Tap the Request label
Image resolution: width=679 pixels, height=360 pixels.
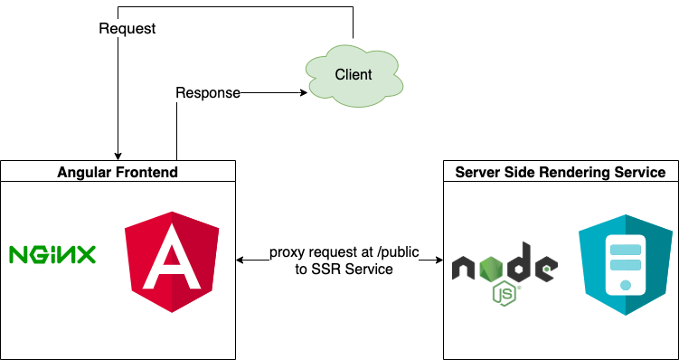click(x=127, y=29)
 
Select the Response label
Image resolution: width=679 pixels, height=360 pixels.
click(x=207, y=92)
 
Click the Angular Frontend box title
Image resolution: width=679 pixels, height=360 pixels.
click(x=118, y=172)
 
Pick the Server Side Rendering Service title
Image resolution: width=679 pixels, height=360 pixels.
click(x=561, y=172)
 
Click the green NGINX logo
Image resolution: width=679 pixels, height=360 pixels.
click(x=52, y=255)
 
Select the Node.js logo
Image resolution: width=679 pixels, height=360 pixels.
click(x=505, y=270)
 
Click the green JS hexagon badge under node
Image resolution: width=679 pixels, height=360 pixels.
click(x=505, y=292)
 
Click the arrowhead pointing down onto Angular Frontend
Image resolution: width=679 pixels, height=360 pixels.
click(x=118, y=155)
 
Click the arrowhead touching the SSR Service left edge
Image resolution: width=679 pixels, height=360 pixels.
click(x=438, y=261)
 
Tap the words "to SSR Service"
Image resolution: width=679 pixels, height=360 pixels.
click(x=344, y=270)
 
